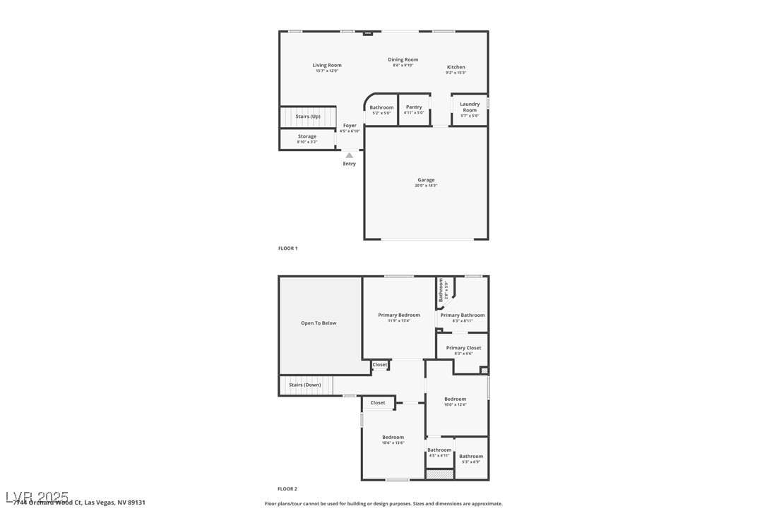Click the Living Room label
[327, 66]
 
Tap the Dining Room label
[403, 60]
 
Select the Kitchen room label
[456, 68]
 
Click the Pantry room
[414, 109]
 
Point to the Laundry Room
[470, 109]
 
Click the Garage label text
[425, 180]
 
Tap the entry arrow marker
[349, 155]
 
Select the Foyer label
[350, 126]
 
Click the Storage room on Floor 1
[307, 138]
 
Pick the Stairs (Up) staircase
[307, 116]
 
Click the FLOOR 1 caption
[288, 248]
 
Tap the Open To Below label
[319, 323]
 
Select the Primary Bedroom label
[399, 315]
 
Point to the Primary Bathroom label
[463, 316]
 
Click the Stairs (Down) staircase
[305, 385]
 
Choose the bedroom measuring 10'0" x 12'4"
[456, 401]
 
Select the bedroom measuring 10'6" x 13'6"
[393, 439]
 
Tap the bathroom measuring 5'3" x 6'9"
[471, 458]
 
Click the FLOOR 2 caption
[287, 488]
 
